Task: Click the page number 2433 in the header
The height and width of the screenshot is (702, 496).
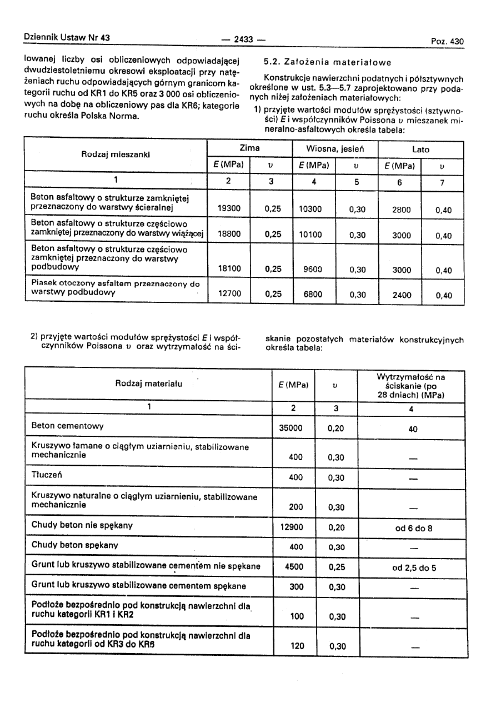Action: [x=243, y=39]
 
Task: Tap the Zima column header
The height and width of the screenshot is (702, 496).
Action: [x=249, y=149]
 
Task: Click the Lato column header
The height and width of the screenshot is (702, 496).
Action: [x=420, y=150]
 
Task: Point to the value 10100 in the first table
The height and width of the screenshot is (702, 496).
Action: [x=310, y=235]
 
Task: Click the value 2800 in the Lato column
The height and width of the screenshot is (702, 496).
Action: [x=402, y=210]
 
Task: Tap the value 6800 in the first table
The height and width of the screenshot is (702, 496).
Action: [x=313, y=294]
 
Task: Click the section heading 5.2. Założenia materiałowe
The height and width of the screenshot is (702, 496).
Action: [x=328, y=62]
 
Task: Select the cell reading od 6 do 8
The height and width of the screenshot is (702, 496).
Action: [x=413, y=528]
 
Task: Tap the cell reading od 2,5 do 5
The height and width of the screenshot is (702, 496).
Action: [x=414, y=568]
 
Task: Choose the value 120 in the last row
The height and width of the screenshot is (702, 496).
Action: [x=298, y=645]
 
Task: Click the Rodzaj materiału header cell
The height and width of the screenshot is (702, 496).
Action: [x=149, y=383]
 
